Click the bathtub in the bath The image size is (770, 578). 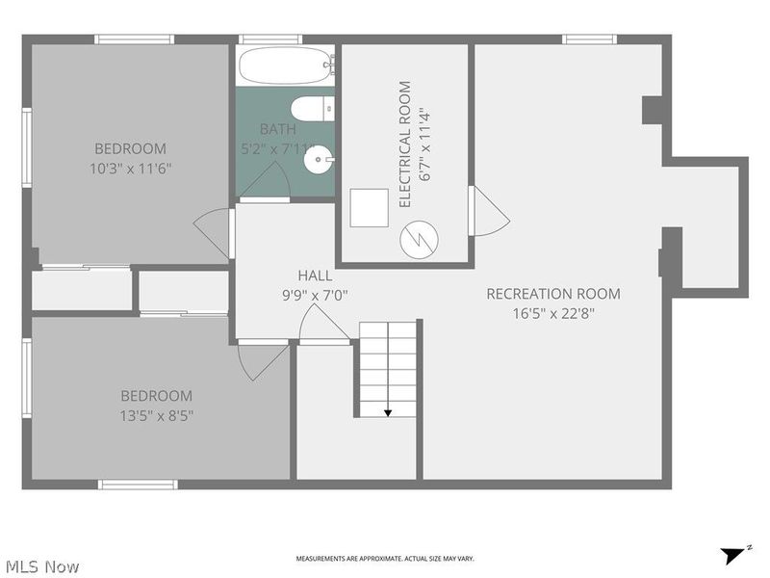[287, 66]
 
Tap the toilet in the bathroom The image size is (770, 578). [312, 109]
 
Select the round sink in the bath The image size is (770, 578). [319, 159]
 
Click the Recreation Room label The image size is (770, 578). [553, 294]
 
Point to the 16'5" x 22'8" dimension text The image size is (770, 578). [553, 313]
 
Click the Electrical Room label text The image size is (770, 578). [404, 144]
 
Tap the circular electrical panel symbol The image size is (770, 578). [419, 239]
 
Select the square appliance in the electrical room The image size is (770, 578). [369, 207]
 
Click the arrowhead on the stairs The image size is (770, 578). [388, 413]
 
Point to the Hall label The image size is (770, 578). [315, 276]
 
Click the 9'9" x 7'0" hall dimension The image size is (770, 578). [315, 296]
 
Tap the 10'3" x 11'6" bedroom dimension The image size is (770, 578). [130, 170]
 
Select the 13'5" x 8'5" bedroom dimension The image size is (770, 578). [157, 416]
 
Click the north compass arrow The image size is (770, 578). [735, 555]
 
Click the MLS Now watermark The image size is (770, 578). [42, 566]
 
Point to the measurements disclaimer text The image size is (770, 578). [385, 559]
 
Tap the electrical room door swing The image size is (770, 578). [489, 211]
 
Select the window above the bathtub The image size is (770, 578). [270, 39]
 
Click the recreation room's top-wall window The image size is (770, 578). [589, 39]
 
